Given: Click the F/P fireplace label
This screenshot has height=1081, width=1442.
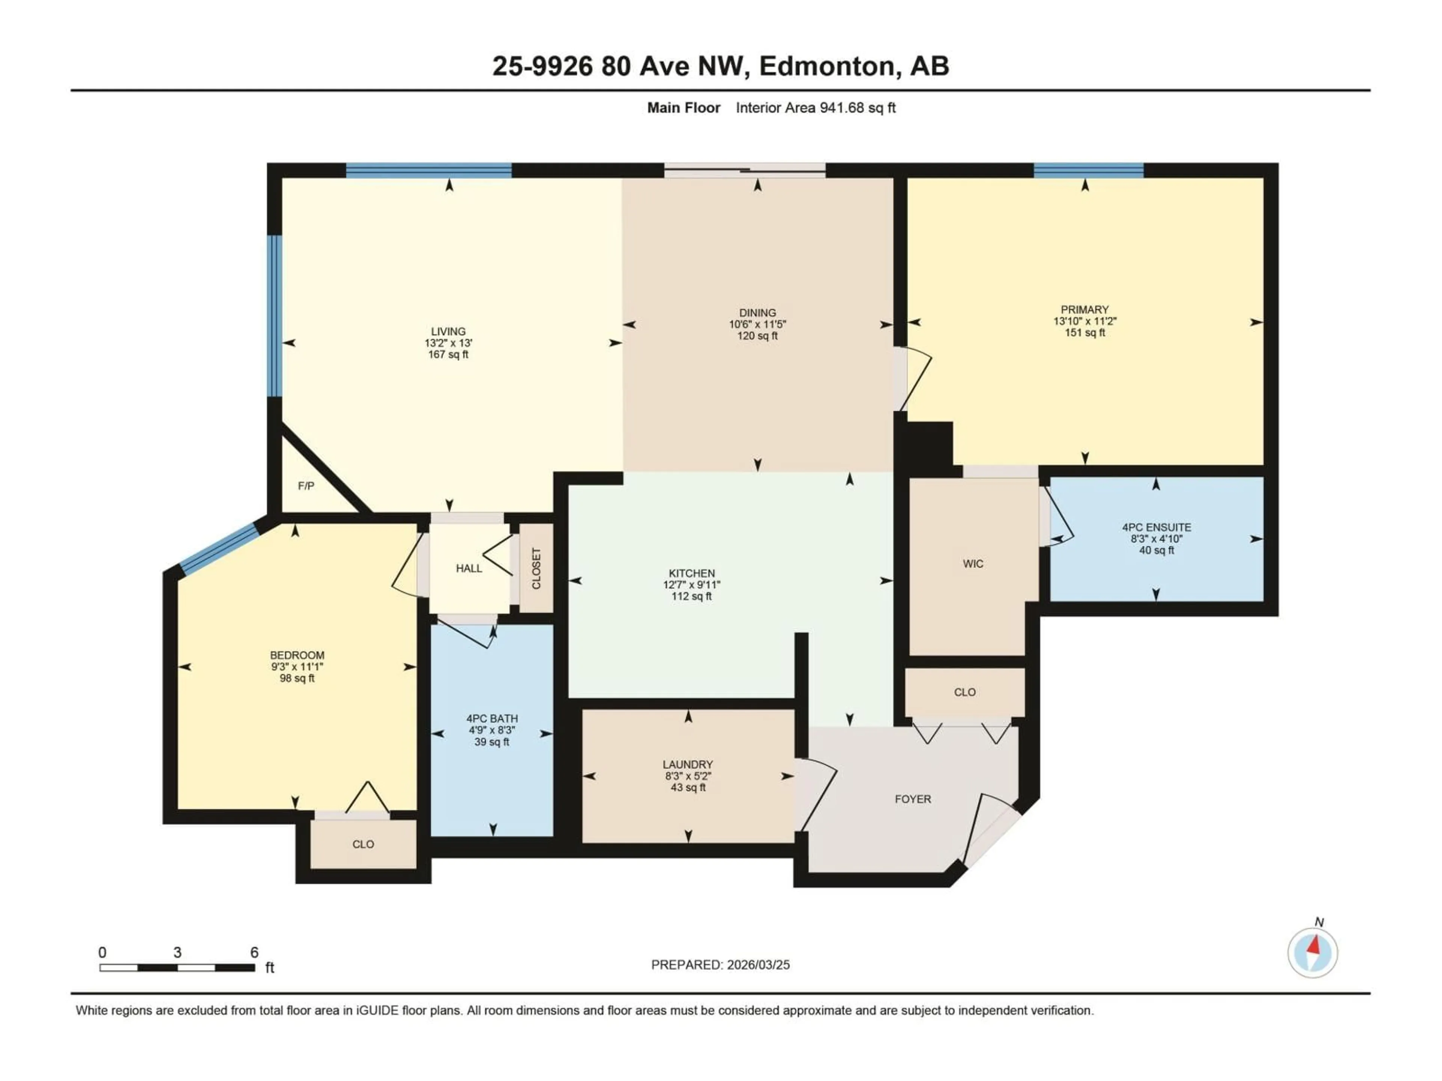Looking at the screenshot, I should pyautogui.click(x=306, y=486).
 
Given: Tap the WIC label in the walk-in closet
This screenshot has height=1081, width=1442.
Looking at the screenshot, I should pyautogui.click(x=973, y=564).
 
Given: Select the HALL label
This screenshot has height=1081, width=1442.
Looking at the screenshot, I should pyautogui.click(x=469, y=568).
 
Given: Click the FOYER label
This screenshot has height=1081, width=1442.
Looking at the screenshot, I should pyautogui.click(x=913, y=799).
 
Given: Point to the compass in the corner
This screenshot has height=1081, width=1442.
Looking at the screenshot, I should pyautogui.click(x=1312, y=953).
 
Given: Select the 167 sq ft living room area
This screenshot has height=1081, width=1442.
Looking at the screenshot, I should pyautogui.click(x=448, y=354).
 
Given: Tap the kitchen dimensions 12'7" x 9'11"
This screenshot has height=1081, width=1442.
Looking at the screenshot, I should pyautogui.click(x=692, y=584).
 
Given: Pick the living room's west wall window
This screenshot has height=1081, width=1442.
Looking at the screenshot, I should pyautogui.click(x=275, y=316).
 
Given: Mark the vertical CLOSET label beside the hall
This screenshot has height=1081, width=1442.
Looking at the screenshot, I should pyautogui.click(x=536, y=568).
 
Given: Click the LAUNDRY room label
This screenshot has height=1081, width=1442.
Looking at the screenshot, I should pyautogui.click(x=688, y=764).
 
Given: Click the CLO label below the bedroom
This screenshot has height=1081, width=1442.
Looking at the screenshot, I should pyautogui.click(x=363, y=845).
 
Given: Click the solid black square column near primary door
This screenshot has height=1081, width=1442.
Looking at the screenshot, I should pyautogui.click(x=930, y=443).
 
